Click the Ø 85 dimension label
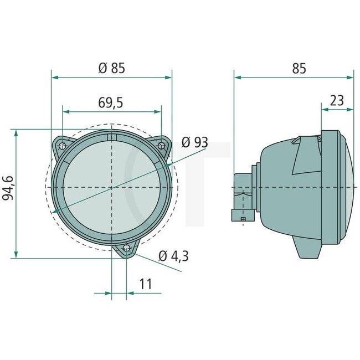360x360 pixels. [111, 69]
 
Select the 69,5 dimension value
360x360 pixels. [111, 102]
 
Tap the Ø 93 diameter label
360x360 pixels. [194, 142]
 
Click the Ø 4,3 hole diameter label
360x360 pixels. [173, 256]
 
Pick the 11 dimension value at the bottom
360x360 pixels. [146, 284]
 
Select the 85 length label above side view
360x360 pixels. [299, 69]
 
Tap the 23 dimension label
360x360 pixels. [337, 101]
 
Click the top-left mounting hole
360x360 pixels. [63, 146]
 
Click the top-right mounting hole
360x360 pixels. [161, 146]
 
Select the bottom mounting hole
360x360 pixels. [127, 248]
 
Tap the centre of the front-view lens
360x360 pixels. [112, 187]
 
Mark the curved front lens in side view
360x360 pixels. [346, 187]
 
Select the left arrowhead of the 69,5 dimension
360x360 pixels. [65, 111]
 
